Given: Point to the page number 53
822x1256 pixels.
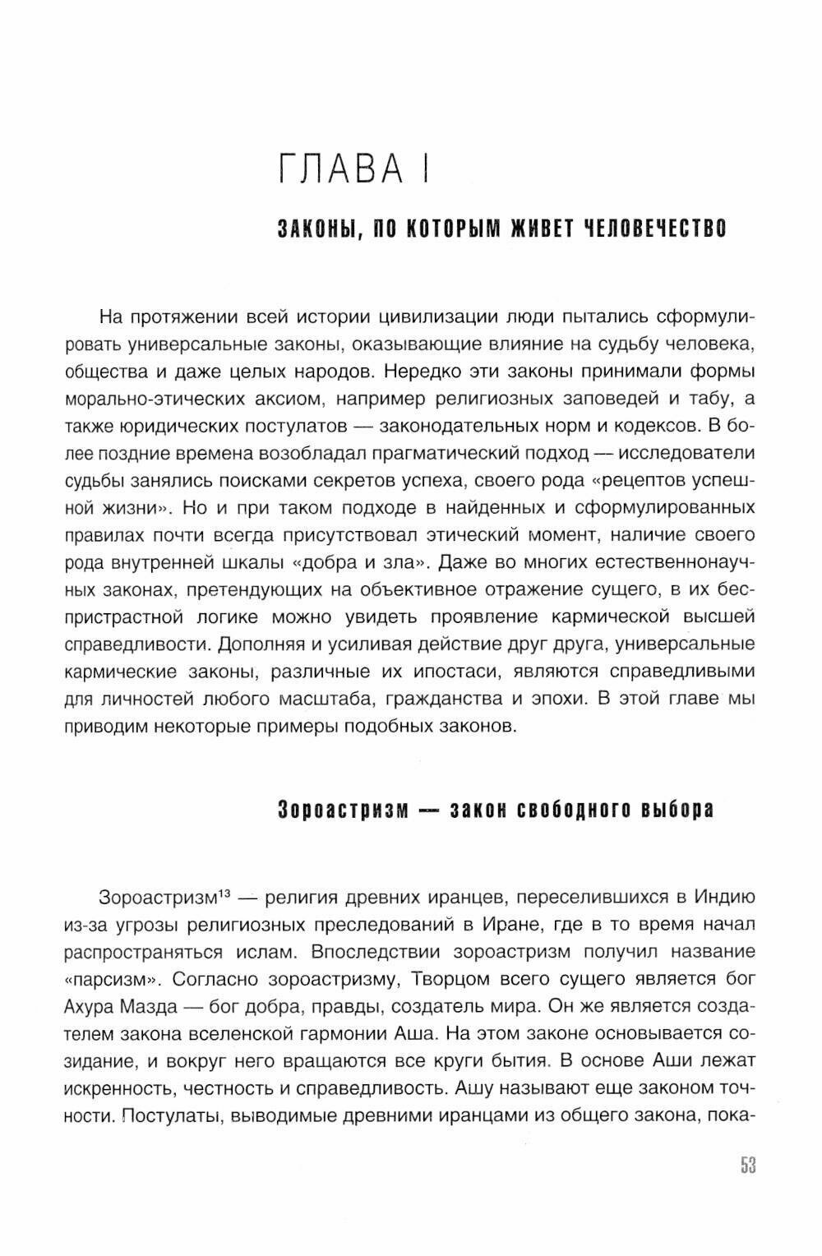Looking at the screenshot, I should pos(746,1166).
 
